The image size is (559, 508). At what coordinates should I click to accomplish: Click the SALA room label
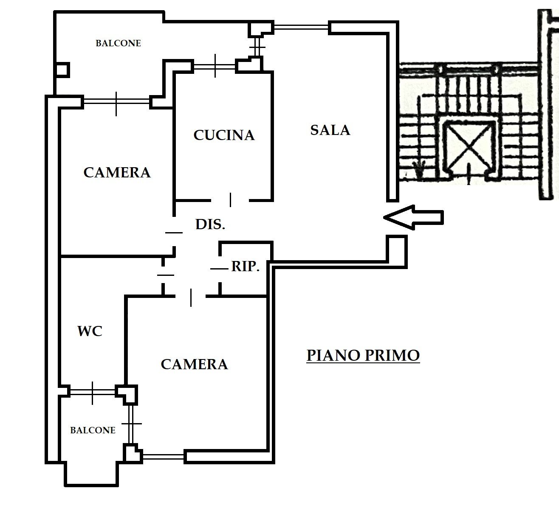[330, 130]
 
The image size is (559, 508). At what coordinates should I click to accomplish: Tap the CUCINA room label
[224, 135]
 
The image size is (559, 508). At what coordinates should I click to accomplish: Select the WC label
[90, 331]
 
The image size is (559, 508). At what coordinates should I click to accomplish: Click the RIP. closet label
[245, 267]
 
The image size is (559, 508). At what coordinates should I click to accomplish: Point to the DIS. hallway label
[210, 224]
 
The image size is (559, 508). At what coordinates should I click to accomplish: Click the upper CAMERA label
[117, 172]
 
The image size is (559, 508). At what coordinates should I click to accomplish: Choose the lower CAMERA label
[194, 364]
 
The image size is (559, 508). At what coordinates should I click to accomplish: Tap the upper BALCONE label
[118, 43]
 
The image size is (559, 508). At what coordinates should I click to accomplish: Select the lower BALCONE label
[93, 430]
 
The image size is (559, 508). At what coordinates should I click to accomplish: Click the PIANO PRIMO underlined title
[363, 355]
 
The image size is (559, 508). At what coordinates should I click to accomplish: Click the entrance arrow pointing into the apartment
[413, 217]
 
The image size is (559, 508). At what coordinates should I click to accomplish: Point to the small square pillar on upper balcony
[62, 70]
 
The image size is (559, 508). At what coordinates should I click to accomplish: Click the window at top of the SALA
[301, 28]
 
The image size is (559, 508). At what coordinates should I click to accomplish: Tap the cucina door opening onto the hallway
[230, 199]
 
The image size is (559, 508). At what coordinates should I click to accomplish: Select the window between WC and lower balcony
[92, 392]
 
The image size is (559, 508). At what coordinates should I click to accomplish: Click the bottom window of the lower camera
[163, 457]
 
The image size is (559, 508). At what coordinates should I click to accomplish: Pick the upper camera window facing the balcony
[116, 102]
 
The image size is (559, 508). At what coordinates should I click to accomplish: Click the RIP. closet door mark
[219, 269]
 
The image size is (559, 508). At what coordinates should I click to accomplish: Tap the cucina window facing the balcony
[215, 66]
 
